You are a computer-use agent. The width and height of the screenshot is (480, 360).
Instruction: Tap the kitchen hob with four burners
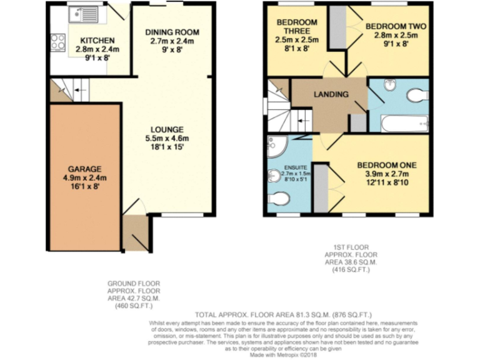(58, 42)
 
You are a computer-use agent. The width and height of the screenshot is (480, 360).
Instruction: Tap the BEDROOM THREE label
(297, 27)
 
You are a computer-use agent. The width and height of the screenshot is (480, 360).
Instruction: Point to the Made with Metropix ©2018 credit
(284, 354)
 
